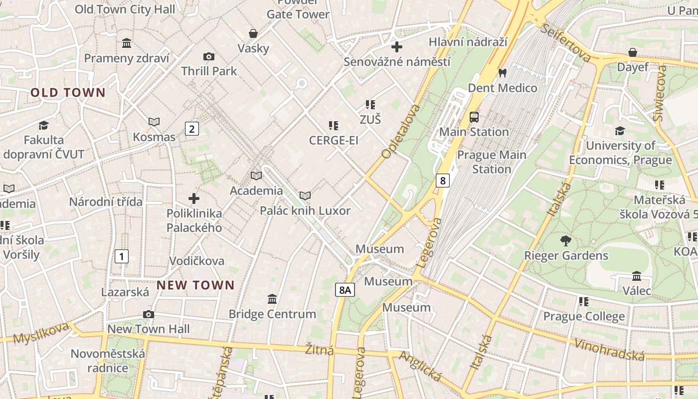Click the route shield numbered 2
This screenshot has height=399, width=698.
tap(191, 129)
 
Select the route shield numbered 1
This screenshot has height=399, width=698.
tap(121, 256)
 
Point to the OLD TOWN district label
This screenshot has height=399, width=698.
tap(68, 93)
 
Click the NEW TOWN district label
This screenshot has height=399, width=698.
tap(195, 285)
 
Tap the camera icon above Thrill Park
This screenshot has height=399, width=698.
tap(209, 57)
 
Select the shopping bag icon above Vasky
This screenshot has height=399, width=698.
tap(253, 33)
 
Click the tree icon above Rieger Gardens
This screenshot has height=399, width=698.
tap(565, 241)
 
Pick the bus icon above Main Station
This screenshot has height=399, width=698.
tap(474, 117)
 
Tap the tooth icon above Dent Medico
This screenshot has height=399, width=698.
tap(502, 73)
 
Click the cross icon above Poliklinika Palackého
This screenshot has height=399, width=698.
tap(194, 199)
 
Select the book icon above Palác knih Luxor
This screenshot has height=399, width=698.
tap(305, 196)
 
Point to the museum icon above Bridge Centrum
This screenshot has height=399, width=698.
tap(272, 299)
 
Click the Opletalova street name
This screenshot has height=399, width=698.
tap(401, 132)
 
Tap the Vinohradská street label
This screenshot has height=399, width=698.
tap(609, 349)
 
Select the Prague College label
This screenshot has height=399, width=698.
tap(583, 316)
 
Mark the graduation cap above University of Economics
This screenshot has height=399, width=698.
tap(620, 131)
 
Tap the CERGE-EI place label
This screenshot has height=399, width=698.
tap(334, 141)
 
